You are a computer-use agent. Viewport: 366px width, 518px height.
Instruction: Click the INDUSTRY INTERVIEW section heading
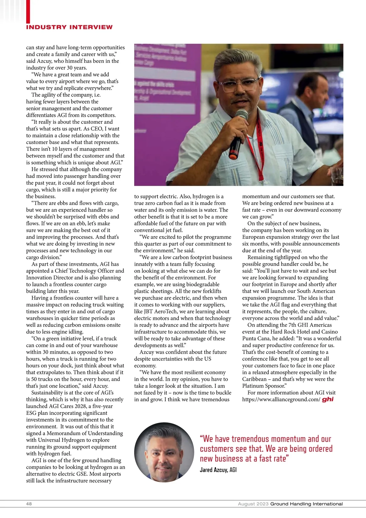click(x=69, y=27)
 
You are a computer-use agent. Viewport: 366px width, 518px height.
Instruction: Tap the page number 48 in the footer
click(x=29, y=504)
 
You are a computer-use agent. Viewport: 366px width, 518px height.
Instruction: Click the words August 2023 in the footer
click(x=253, y=504)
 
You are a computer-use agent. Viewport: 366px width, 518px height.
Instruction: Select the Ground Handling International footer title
click(x=307, y=504)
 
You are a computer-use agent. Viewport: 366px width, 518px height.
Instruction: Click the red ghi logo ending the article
click(x=328, y=399)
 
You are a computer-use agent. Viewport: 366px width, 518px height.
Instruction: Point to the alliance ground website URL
click(x=281, y=399)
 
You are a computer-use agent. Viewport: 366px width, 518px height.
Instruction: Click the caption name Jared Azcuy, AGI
click(x=218, y=470)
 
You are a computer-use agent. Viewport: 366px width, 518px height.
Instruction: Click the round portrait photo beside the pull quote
click(x=164, y=452)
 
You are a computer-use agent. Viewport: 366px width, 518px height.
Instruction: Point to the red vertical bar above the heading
click(x=28, y=11)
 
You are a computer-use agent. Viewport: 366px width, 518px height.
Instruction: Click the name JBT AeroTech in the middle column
click(x=162, y=312)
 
